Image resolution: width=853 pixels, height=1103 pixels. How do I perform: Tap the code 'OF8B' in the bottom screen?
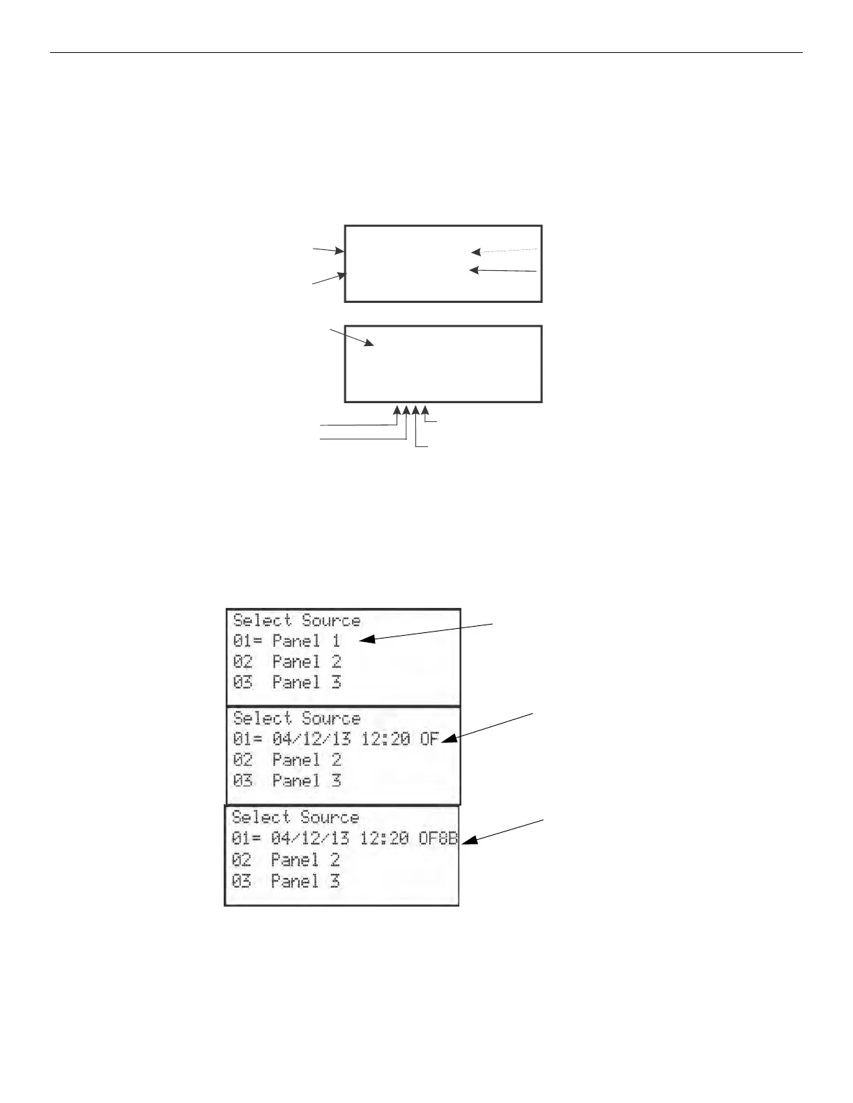[438, 838]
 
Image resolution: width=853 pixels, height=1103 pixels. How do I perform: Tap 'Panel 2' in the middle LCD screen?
[306, 760]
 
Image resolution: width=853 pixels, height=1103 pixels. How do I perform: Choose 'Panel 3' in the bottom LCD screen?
[305, 881]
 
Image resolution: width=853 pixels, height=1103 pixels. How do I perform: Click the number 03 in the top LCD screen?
[243, 682]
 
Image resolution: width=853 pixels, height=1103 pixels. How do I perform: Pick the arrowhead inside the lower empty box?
[369, 343]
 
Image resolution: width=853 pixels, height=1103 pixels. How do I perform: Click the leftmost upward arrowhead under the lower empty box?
[397, 409]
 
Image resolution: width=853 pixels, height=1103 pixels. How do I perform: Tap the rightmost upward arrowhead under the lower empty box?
[425, 409]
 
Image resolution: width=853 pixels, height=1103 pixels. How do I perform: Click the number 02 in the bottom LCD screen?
[241, 860]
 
